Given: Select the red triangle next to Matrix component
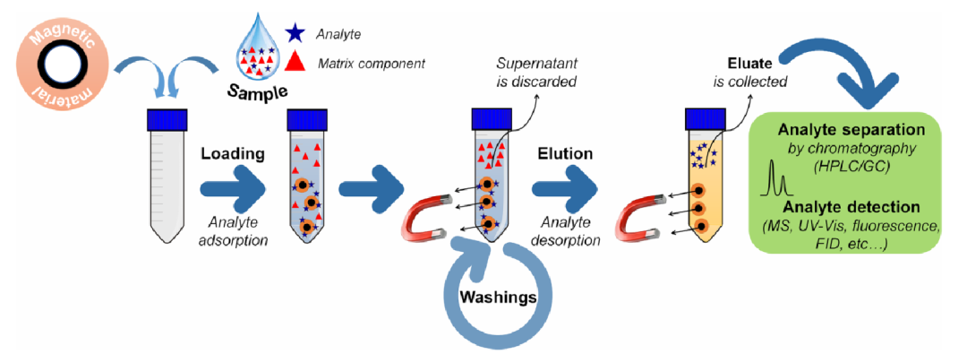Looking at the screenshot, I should coord(294,64).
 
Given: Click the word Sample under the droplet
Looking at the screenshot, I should coord(256,92).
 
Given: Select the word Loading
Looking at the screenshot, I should coord(233,154).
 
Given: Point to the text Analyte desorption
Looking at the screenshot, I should coord(565,232).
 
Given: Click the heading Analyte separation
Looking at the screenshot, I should coord(851,130).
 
